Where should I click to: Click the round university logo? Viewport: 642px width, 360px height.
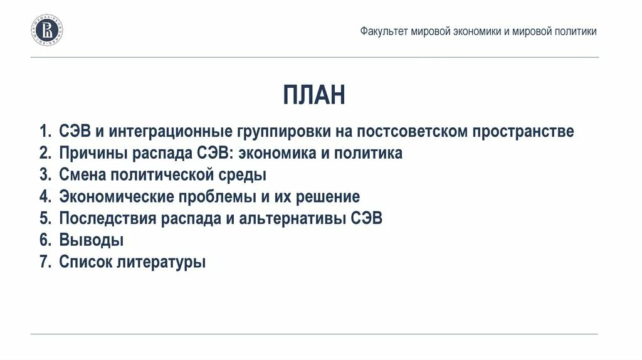[47, 31]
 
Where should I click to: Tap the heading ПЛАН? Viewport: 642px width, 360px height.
[313, 95]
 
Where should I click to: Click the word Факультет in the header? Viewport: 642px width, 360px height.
[383, 31]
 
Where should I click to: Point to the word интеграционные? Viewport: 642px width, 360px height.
[171, 132]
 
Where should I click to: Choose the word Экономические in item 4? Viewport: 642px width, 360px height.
[115, 197]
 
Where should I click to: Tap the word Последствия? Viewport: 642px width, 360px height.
[106, 218]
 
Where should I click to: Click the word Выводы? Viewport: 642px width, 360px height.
[91, 240]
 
